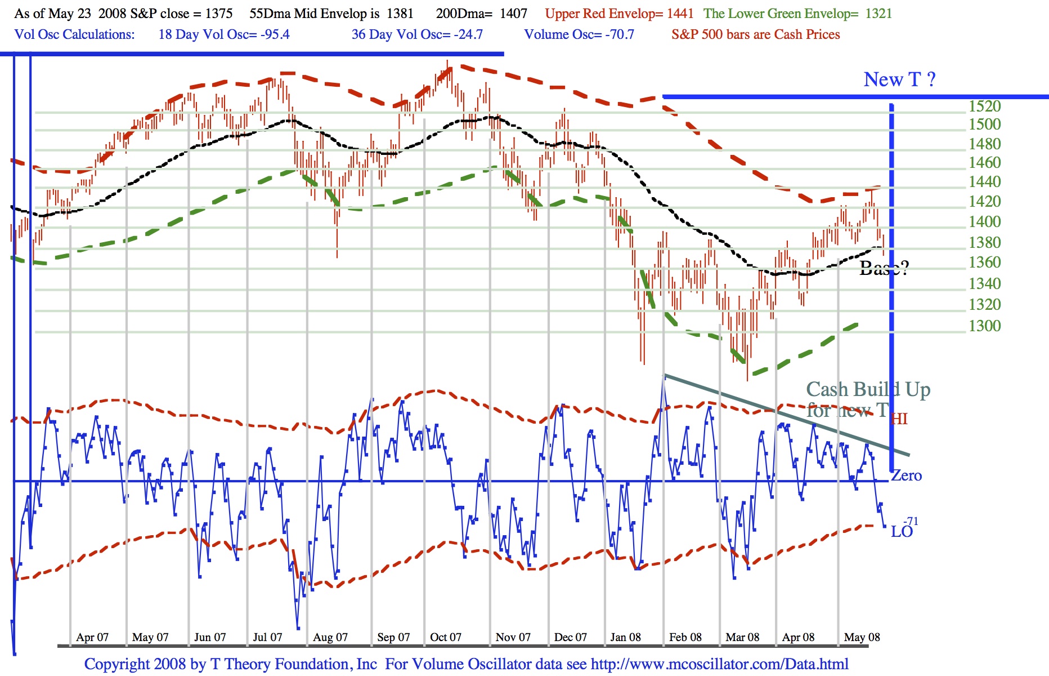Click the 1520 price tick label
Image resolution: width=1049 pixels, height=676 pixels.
[984, 106]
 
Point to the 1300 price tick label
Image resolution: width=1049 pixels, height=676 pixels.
[984, 326]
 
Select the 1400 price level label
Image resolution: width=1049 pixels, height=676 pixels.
[984, 221]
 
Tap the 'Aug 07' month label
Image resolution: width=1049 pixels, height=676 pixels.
[330, 637]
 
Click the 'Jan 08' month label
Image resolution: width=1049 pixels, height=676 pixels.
[625, 637]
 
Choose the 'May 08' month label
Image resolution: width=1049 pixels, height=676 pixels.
[862, 637]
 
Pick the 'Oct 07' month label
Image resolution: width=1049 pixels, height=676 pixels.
[445, 637]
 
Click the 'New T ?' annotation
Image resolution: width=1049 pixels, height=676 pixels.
[899, 79]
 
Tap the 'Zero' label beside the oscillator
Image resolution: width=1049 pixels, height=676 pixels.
[907, 475]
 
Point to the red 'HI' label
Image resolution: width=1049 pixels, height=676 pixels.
[899, 419]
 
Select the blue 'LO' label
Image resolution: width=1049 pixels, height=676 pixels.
[901, 532]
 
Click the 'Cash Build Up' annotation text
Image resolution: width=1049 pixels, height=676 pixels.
[868, 389]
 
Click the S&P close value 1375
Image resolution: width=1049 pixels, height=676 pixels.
[219, 14]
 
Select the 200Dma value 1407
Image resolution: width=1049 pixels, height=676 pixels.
[513, 14]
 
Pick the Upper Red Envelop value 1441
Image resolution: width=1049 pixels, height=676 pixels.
[680, 14]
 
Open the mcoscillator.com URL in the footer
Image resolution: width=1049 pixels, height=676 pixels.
[719, 664]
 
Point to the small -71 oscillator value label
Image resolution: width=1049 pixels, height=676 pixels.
[911, 521]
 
